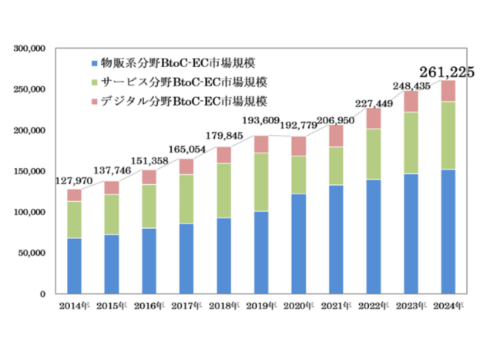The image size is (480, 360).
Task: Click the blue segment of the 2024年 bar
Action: pos(447,231)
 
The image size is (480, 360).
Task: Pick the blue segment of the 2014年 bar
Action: pos(74,266)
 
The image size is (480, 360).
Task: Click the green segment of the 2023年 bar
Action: pos(410,143)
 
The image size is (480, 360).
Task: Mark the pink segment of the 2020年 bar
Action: pos(297,146)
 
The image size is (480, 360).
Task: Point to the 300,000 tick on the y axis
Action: pos(31,49)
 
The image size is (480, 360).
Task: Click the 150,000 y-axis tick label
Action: pos(31,171)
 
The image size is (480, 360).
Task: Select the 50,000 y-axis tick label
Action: pos(33,253)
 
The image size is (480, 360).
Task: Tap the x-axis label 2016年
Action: pos(148,306)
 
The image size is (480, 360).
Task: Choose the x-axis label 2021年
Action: pos(334,306)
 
